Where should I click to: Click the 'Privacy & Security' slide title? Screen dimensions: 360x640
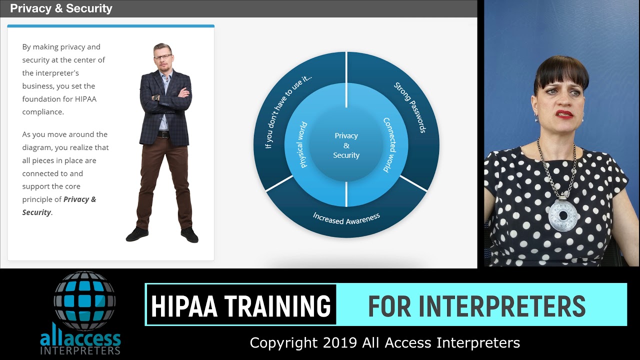[61, 8]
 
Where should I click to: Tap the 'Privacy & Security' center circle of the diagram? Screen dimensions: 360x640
[346, 145]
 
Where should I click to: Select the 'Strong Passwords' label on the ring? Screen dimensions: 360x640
[409, 107]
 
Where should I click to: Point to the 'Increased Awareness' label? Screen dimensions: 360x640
[346, 218]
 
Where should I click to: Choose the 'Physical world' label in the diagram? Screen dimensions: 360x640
[303, 145]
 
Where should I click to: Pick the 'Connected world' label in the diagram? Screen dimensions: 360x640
[389, 145]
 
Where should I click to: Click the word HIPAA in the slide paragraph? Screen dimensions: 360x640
[85, 99]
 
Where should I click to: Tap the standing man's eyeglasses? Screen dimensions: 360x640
[162, 57]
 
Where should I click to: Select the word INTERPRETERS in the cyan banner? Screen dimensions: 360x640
[501, 306]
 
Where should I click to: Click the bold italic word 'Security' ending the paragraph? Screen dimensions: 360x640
[36, 212]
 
